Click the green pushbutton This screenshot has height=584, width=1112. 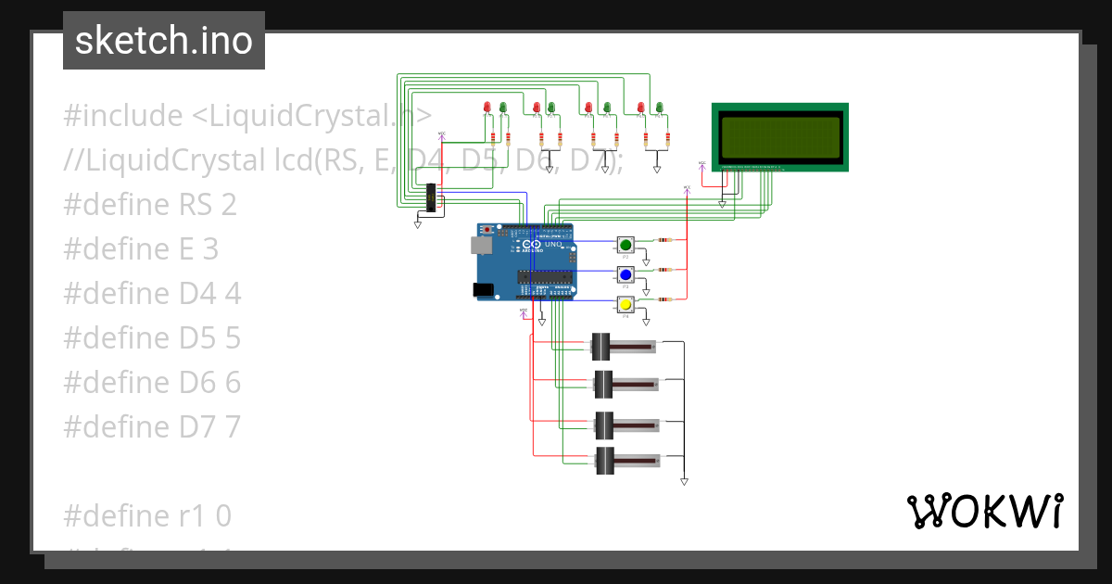pyautogui.click(x=625, y=245)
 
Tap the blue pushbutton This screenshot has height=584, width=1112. pyautogui.click(x=625, y=274)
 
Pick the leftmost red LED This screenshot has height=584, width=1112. pyautogui.click(x=487, y=108)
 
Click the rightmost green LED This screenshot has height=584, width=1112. pyautogui.click(x=659, y=108)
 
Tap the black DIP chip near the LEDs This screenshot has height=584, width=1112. pyautogui.click(x=431, y=197)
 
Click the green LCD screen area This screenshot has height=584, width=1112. pyautogui.click(x=779, y=136)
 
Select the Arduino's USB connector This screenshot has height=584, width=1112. pyautogui.click(x=480, y=246)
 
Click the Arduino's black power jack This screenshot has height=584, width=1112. pyautogui.click(x=483, y=290)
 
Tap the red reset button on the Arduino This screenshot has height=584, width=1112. pyautogui.click(x=487, y=229)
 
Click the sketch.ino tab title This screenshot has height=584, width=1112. pyautogui.click(x=164, y=41)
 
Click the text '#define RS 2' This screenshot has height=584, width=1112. pyautogui.click(x=150, y=204)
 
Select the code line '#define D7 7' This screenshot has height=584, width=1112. pyautogui.click(x=152, y=426)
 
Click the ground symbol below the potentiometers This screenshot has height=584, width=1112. pyautogui.click(x=684, y=481)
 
